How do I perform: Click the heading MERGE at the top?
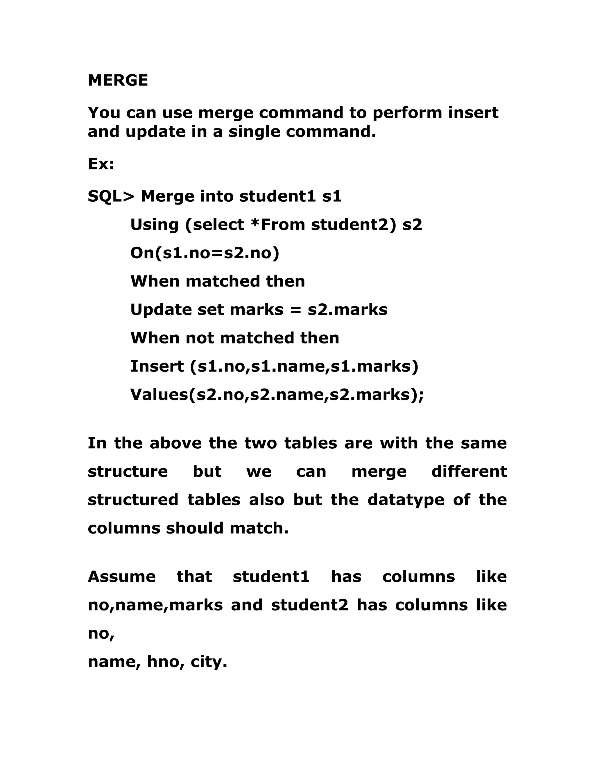pyautogui.click(x=118, y=80)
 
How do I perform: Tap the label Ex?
pyautogui.click(x=101, y=164)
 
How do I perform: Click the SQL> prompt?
pyautogui.click(x=111, y=196)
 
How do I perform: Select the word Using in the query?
pyautogui.click(x=154, y=225)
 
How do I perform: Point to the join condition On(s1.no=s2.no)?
pyautogui.click(x=205, y=253)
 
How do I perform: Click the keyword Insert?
pyautogui.click(x=157, y=366)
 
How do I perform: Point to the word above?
pyautogui.click(x=175, y=443)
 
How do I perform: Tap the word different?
pyautogui.click(x=469, y=472)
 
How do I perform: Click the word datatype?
pyautogui.click(x=406, y=500)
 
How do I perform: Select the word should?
pyautogui.click(x=195, y=528)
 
